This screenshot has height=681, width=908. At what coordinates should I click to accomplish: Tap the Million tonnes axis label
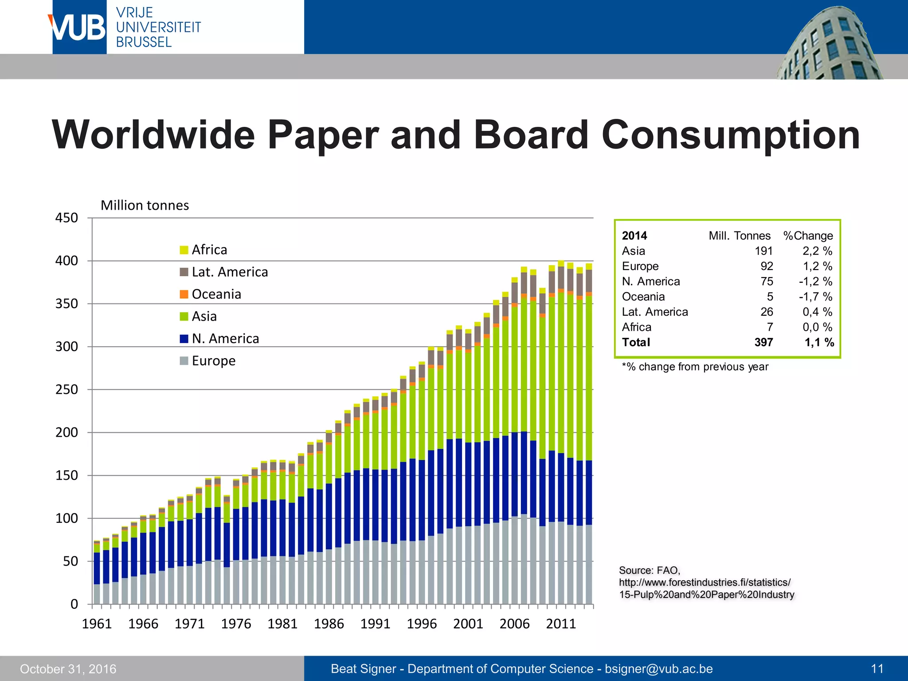point(145,205)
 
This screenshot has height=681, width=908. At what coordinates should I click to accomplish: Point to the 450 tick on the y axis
point(67,218)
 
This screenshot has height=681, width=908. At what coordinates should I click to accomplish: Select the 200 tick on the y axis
point(67,432)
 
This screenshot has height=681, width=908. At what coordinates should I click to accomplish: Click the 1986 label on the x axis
point(329,624)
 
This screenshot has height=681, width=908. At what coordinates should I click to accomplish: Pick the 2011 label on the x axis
point(560,624)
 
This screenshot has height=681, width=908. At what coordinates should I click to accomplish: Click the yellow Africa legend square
point(184,250)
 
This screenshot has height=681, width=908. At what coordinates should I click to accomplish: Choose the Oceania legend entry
point(216,294)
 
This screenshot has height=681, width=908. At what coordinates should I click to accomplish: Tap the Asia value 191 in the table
point(763,251)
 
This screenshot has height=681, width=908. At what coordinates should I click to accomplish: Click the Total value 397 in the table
point(763,342)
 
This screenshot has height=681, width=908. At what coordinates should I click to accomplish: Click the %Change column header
point(808,236)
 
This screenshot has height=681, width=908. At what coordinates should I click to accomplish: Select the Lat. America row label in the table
point(655,312)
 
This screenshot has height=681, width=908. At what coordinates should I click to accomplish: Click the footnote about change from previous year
point(695,367)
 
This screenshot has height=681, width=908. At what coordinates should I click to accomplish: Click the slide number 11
point(877,669)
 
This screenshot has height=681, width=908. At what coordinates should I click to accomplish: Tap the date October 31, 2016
point(68,669)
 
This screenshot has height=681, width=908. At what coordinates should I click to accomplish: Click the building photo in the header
point(829,44)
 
